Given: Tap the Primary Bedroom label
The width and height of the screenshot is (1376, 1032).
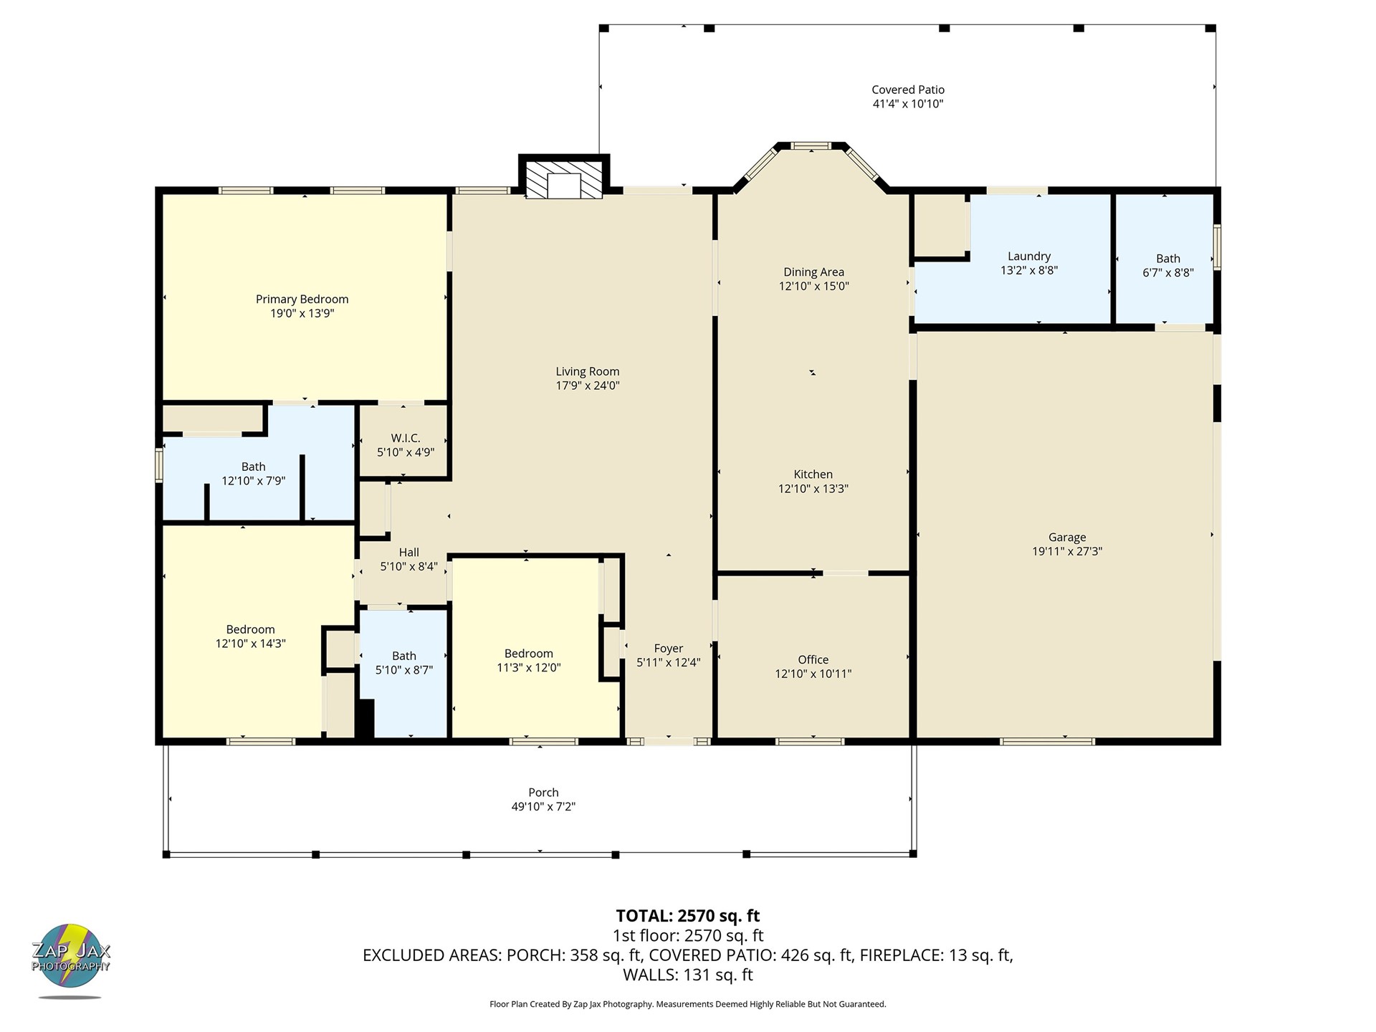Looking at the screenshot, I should (x=302, y=300).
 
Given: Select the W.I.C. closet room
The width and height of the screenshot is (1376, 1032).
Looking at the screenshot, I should (x=405, y=444).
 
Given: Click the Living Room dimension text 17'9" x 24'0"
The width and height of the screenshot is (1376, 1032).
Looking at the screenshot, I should (x=587, y=386).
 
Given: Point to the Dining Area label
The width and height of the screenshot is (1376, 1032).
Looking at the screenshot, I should (x=813, y=272).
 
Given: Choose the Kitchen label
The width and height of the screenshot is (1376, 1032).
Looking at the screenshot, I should (x=813, y=474).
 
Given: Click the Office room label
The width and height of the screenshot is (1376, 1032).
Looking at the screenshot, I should (x=813, y=660).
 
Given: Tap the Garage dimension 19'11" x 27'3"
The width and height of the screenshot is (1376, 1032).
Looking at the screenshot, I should (x=1067, y=552).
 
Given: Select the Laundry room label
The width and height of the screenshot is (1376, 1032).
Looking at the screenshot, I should (x=1029, y=257).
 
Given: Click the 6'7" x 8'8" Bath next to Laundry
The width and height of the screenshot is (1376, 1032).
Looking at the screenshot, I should (x=1167, y=265).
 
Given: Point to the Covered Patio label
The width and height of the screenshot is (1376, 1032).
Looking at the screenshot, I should (x=908, y=90).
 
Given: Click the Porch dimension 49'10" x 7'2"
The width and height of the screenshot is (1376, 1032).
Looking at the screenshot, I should (x=543, y=807).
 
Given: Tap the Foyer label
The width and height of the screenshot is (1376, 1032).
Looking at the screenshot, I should (x=668, y=649).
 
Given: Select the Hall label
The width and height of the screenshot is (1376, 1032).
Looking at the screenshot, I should (x=408, y=553).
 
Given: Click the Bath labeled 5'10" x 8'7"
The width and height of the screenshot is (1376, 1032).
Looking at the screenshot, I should (x=403, y=663).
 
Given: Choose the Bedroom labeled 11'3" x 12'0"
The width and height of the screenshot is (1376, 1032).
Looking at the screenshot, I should (x=528, y=661).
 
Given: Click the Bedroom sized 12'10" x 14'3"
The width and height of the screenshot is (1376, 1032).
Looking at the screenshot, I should (x=250, y=636).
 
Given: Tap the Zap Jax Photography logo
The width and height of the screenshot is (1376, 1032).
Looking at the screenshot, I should (x=70, y=959).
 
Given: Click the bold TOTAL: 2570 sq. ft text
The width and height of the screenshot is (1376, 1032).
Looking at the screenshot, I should (x=687, y=916).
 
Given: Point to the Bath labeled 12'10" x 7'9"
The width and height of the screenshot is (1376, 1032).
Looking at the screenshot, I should (x=253, y=474).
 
